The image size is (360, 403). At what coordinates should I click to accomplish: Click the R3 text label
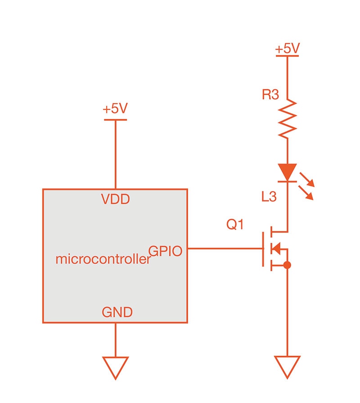pyautogui.click(x=270, y=95)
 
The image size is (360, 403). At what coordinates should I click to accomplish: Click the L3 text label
pyautogui.click(x=269, y=197)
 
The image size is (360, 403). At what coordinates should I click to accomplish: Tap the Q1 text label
pyautogui.click(x=234, y=225)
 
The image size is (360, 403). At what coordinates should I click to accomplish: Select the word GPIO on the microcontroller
pyautogui.click(x=165, y=251)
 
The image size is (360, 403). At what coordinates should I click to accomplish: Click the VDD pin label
pyautogui.click(x=115, y=199)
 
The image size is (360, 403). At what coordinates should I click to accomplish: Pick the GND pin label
pyautogui.click(x=117, y=312)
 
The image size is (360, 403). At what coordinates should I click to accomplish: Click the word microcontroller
pyautogui.click(x=103, y=259)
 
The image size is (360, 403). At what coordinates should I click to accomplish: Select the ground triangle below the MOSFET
pyautogui.click(x=287, y=366)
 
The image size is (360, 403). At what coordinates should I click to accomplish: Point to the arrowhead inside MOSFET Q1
pyautogui.click(x=277, y=248)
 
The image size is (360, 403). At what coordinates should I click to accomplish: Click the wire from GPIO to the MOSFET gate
pyautogui.click(x=225, y=248)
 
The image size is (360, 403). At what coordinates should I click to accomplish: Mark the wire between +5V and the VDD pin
pyautogui.click(x=116, y=153)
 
